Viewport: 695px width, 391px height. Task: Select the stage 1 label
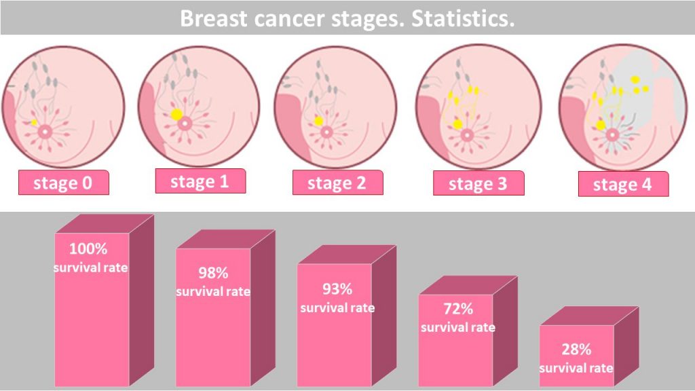pos(200,181)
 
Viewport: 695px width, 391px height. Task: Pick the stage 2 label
pos(337,183)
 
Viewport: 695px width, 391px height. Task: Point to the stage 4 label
pos(622,185)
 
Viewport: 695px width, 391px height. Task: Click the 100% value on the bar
pos(88,248)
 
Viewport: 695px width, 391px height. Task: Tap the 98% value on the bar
pos(213,274)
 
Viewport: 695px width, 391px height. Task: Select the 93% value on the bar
pos(337,289)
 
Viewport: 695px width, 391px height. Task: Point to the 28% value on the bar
pos(576,350)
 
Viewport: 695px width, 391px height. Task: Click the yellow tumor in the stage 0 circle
pos(35,122)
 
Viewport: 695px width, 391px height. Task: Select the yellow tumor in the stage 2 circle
pos(318,121)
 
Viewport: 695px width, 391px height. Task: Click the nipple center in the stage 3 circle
pos(466,134)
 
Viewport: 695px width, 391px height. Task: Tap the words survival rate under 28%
pos(576,368)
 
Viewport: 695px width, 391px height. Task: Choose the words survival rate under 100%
pos(90,267)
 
